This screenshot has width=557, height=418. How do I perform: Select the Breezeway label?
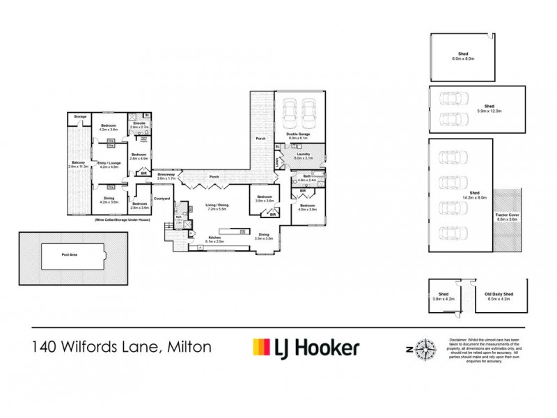click(166, 176)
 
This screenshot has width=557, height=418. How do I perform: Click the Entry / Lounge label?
click(111, 164)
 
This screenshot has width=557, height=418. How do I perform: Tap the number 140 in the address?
click(48, 346)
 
